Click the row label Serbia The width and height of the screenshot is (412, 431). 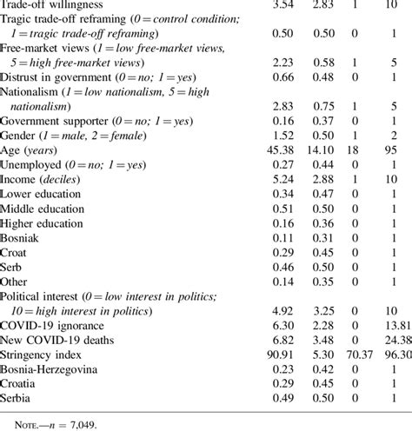click(19, 386)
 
